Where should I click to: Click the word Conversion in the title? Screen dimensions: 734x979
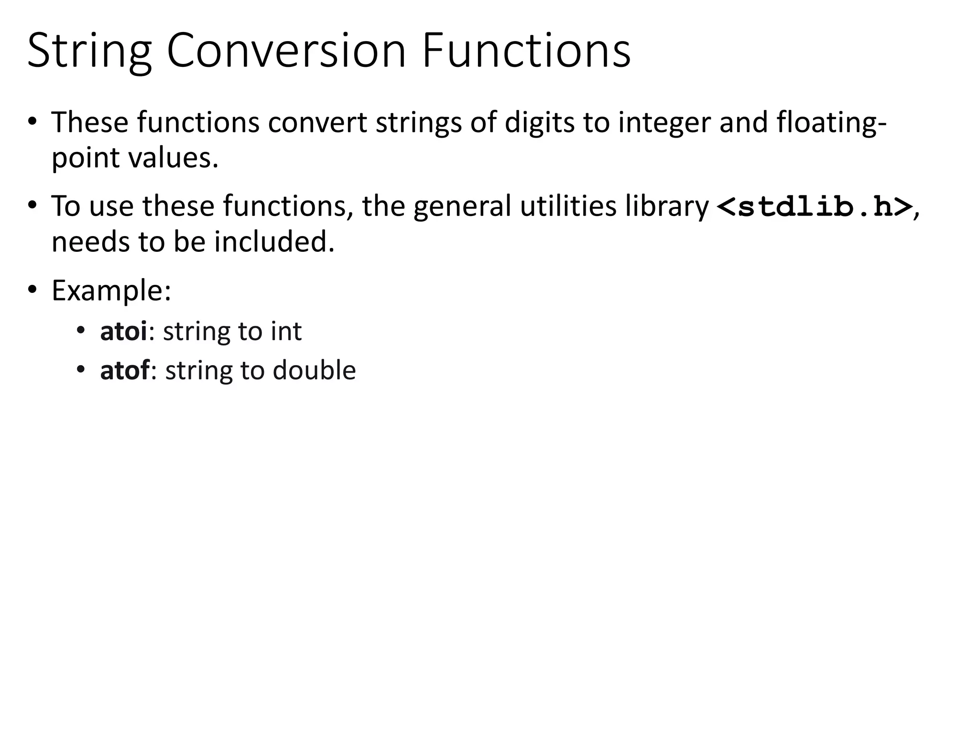(x=286, y=51)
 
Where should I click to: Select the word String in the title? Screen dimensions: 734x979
(x=89, y=52)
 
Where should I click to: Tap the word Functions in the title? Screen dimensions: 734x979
(x=526, y=51)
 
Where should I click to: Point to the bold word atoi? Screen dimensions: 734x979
(x=123, y=331)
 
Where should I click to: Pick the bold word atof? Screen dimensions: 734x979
(x=124, y=370)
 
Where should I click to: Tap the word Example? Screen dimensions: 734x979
(x=111, y=290)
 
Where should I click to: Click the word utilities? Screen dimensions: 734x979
(x=568, y=206)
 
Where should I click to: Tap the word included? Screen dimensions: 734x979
(x=274, y=242)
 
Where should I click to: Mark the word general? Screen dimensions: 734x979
(x=462, y=207)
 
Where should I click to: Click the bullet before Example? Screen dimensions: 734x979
(x=32, y=290)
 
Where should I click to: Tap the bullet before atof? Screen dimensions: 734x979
(x=81, y=370)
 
